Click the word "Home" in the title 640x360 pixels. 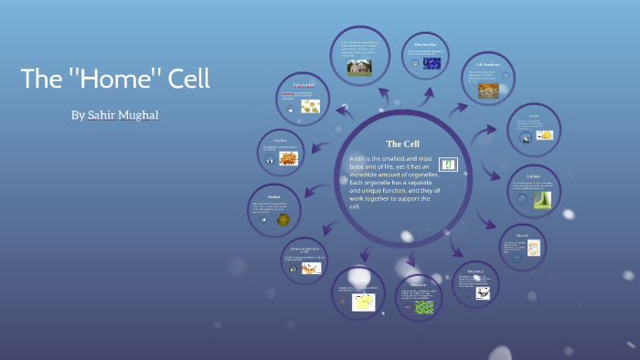116,79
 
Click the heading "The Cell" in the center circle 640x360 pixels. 402,144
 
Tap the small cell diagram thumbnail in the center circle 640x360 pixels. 448,164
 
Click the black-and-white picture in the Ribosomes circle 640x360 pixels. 482,293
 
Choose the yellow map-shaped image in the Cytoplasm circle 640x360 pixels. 365,302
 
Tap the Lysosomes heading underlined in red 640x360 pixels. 304,85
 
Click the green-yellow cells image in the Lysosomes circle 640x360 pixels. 310,107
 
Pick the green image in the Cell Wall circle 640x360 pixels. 543,199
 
